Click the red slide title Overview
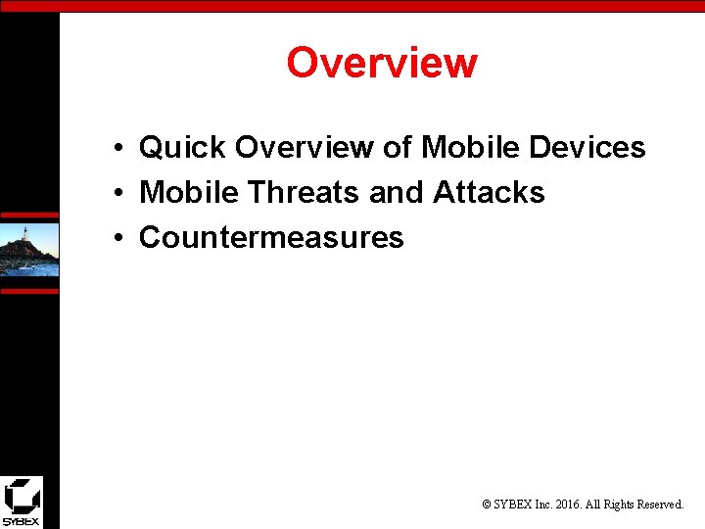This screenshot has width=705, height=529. pyautogui.click(x=381, y=63)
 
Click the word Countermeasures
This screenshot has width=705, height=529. pyautogui.click(x=271, y=238)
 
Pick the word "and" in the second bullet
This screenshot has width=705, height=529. pyautogui.click(x=397, y=193)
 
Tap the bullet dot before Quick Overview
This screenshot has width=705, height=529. pyautogui.click(x=116, y=149)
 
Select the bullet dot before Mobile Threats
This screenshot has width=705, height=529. pyautogui.click(x=116, y=194)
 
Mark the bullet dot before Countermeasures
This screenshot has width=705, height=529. pyautogui.click(x=116, y=239)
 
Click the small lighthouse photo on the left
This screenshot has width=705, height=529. pyautogui.click(x=28, y=250)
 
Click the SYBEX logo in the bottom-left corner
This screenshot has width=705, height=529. pyautogui.click(x=22, y=502)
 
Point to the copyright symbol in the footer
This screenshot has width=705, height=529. pyautogui.click(x=487, y=505)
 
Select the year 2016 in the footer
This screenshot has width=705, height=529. pyautogui.click(x=570, y=505)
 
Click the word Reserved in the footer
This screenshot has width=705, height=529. pyautogui.click(x=660, y=505)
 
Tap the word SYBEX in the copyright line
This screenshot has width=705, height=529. pyautogui.click(x=515, y=505)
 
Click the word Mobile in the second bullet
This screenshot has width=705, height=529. pyautogui.click(x=189, y=193)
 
